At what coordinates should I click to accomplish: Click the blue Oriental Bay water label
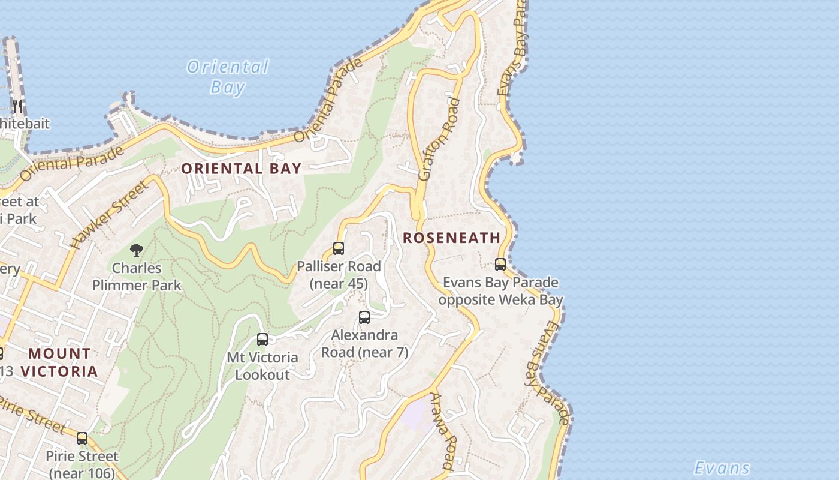coord(228,76)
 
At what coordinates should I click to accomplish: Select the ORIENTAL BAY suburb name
coord(241,169)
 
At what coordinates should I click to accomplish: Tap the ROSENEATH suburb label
coord(451,238)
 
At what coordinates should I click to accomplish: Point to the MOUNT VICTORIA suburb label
coord(60,362)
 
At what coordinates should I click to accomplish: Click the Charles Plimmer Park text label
coord(137,277)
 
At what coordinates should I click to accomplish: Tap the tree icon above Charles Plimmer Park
coord(137,250)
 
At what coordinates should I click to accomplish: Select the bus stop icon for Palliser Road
coord(339,248)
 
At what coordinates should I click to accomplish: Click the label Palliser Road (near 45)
coord(339,275)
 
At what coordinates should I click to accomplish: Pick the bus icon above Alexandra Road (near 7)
coord(364,317)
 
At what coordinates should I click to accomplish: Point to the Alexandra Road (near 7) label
coord(364,344)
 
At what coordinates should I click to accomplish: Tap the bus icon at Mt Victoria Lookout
coord(262,340)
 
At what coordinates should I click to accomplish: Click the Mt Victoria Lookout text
coord(262,366)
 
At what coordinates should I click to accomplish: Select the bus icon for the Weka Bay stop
coord(500,264)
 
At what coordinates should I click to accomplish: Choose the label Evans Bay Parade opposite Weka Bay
coord(500,291)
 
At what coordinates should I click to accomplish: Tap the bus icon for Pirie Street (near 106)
coord(82,439)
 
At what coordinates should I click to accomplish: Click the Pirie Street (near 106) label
coord(82,464)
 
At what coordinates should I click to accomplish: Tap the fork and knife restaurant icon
coord(17,107)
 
